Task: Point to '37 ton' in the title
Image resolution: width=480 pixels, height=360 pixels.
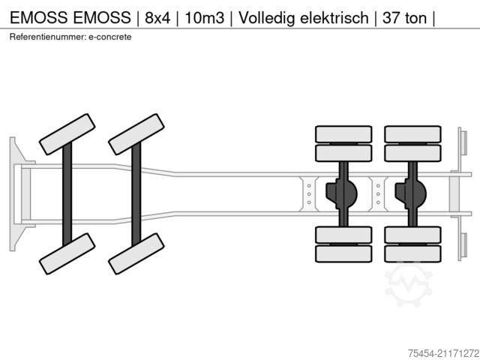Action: click(x=402, y=16)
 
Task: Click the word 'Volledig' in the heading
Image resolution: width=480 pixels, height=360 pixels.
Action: click(x=268, y=16)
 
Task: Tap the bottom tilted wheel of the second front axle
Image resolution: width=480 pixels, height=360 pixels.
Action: click(x=136, y=253)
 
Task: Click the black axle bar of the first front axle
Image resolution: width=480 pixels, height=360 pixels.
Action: click(x=67, y=192)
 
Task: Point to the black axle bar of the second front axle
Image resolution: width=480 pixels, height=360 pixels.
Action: click(x=136, y=192)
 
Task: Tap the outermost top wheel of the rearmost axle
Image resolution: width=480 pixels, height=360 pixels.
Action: click(x=412, y=134)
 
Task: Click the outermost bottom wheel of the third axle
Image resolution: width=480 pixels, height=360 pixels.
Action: click(x=343, y=253)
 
